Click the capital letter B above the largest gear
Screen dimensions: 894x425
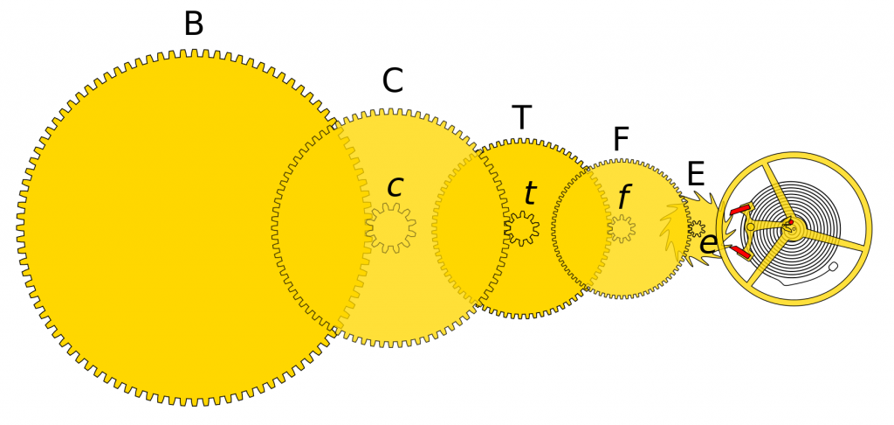point(193,24)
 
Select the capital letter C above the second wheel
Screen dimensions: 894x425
point(393,81)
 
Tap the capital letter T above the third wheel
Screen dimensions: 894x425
point(522,118)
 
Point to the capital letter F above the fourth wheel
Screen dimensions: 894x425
point(621,139)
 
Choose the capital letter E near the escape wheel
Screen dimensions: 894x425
point(696,174)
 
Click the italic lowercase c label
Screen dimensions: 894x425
point(395,187)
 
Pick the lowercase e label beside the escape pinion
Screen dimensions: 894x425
point(708,244)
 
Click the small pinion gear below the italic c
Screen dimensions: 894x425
point(390,228)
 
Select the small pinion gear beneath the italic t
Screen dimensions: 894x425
point(522,228)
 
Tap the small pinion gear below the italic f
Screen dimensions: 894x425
point(622,228)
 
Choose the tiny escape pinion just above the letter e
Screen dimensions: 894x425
point(697,228)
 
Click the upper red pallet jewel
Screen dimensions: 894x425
point(739,210)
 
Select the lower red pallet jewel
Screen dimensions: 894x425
point(740,253)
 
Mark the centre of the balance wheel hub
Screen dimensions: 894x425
point(794,228)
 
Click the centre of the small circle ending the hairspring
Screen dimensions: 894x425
point(833,267)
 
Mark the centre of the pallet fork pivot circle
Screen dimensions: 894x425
point(750,226)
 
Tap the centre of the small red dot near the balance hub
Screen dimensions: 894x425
point(791,222)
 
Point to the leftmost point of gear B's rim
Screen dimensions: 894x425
point(17,228)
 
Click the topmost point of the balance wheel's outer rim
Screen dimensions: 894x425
point(794,151)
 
